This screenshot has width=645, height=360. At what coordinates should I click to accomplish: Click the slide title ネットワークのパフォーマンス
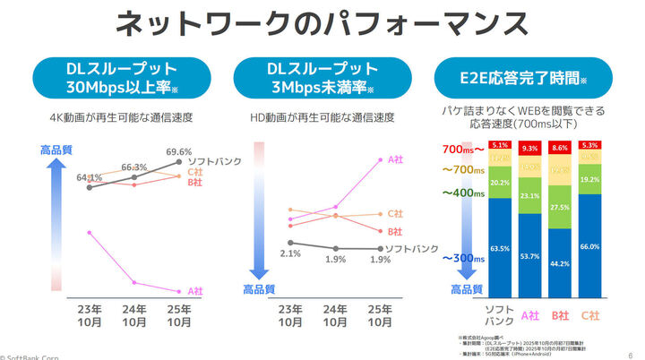322,24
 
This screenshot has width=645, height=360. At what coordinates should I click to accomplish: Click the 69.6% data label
179,152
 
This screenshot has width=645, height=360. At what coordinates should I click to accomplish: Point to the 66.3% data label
133,167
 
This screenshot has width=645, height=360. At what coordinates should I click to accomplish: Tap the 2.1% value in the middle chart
289,254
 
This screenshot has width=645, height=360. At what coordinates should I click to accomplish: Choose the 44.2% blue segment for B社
559,263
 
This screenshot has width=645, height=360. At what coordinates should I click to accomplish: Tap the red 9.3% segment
529,149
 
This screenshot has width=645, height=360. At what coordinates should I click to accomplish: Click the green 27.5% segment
559,207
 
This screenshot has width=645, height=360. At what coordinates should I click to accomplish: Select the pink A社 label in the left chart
194,292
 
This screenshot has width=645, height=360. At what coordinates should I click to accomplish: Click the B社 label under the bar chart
559,315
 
